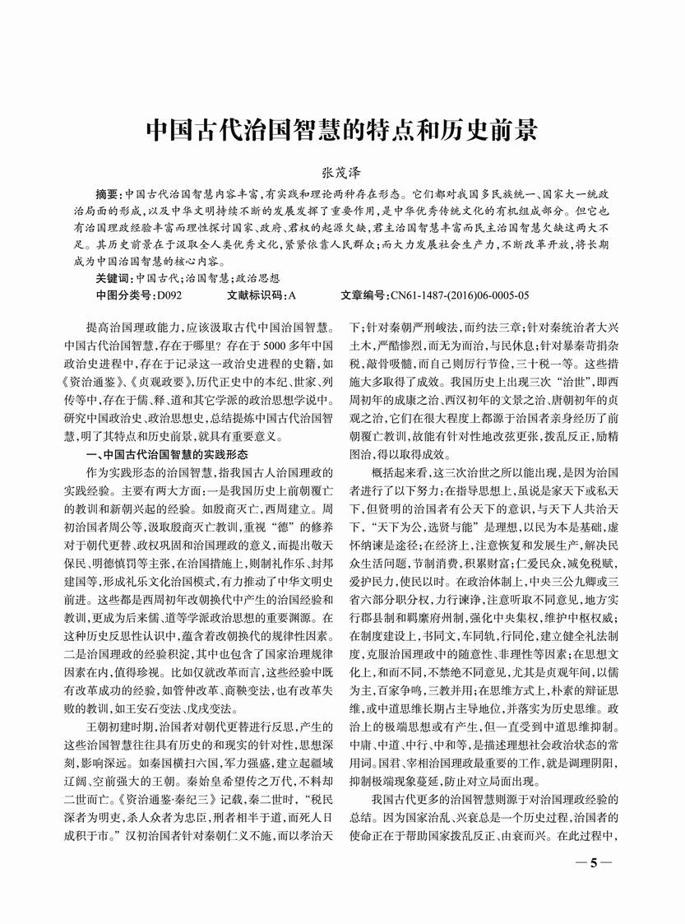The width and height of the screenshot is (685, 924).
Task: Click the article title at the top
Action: click(x=341, y=129)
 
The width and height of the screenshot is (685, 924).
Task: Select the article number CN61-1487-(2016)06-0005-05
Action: click(x=459, y=295)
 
